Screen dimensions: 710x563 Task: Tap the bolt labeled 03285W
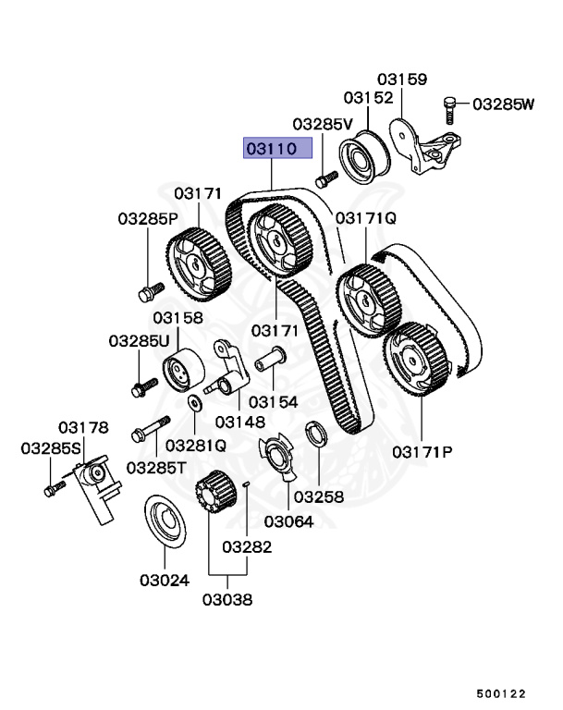coord(449,109)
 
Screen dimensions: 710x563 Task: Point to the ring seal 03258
coord(314,432)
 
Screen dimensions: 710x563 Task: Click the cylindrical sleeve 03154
coord(269,360)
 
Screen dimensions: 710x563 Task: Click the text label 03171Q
coord(366,218)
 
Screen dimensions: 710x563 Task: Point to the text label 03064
coord(289,521)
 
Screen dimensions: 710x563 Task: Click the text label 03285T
coord(156,468)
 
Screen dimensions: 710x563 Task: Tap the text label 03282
coord(248,547)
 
